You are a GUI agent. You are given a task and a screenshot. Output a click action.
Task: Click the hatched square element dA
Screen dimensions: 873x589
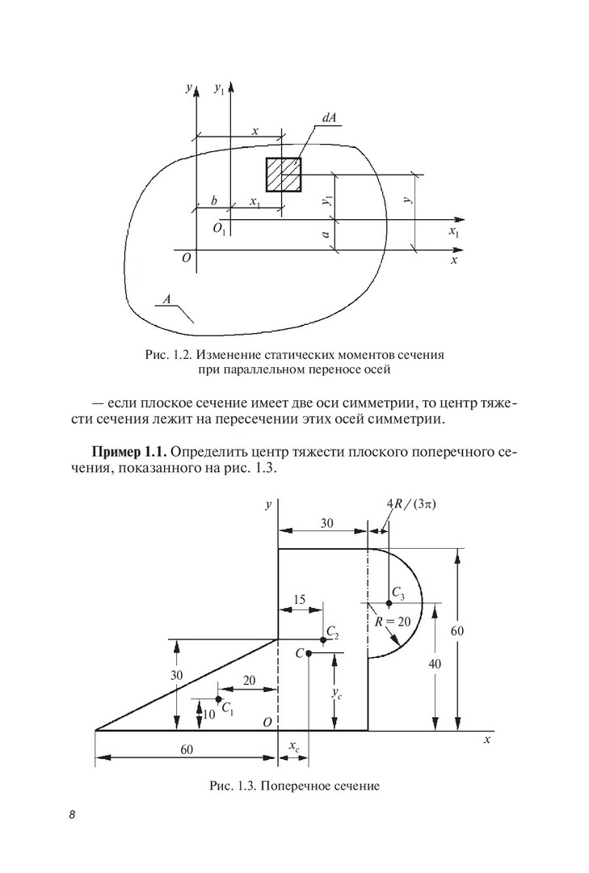coord(284,175)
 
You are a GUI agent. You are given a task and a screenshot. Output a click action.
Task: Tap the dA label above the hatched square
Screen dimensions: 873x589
coord(329,118)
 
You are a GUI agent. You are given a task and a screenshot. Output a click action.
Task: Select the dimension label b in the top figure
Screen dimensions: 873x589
coord(213,200)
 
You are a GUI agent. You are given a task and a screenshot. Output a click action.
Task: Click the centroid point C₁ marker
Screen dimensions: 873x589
coord(218,698)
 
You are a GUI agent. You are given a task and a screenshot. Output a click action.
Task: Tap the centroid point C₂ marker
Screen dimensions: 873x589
coord(322,640)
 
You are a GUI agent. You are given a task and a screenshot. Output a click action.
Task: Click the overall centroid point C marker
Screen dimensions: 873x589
coord(309,653)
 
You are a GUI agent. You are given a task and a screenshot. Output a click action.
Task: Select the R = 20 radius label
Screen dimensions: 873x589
coord(393,622)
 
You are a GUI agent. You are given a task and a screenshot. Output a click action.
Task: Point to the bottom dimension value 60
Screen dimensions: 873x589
coord(187,749)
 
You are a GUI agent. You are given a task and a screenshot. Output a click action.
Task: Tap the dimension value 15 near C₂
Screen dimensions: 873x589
coord(299,599)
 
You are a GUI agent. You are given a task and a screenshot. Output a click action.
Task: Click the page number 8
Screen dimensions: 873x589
coord(72,814)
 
